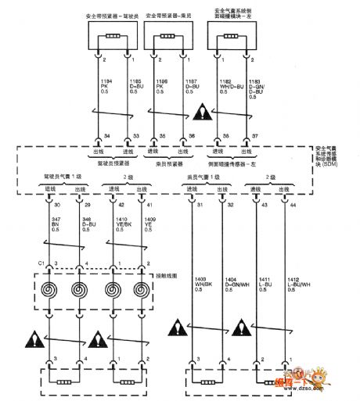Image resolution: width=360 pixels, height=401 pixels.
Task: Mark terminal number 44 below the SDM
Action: (x=294, y=205)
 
